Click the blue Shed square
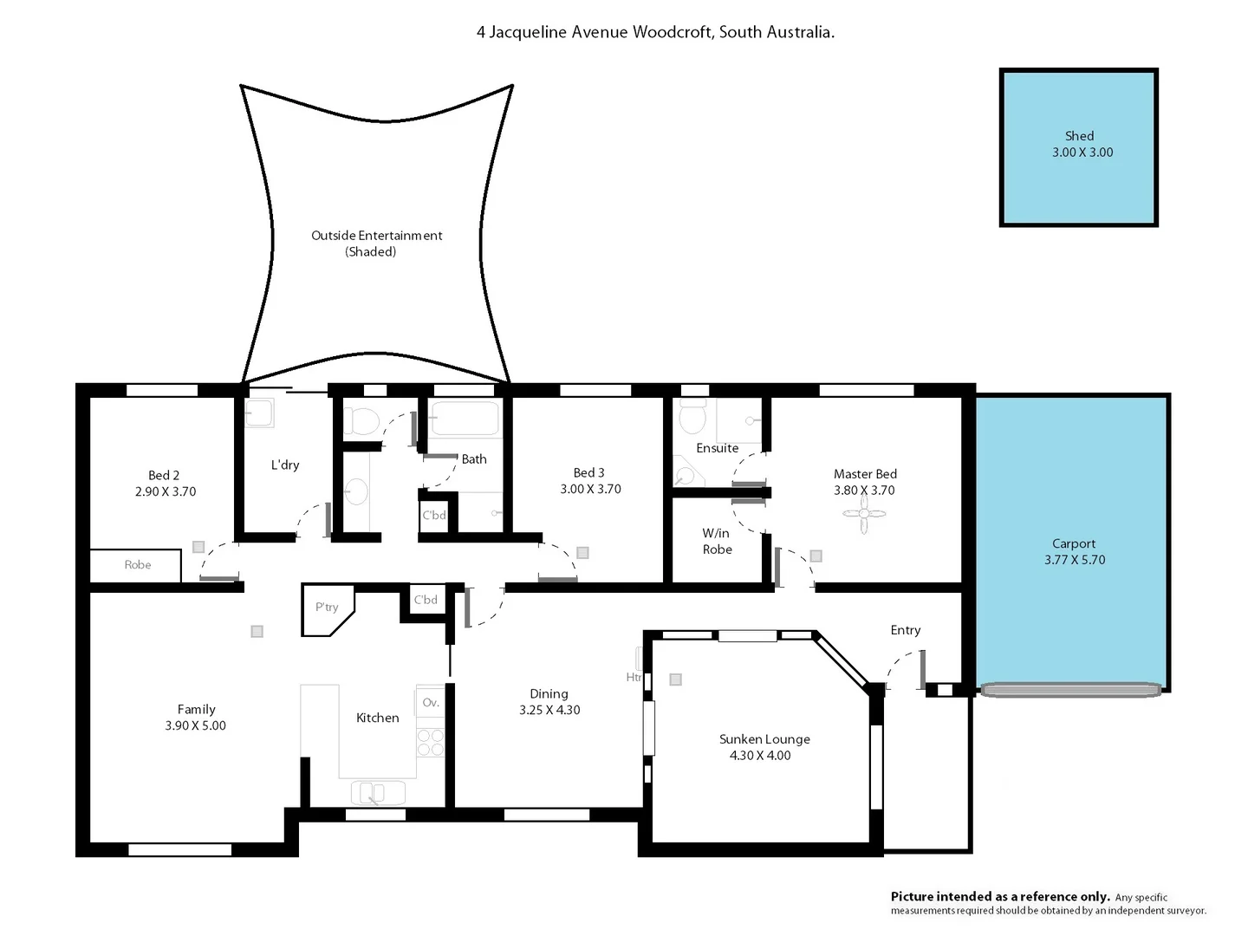click(x=1078, y=147)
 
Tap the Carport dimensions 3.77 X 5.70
click(x=1075, y=560)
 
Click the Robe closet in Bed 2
click(x=136, y=565)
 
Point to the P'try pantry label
click(x=327, y=608)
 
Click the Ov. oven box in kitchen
click(x=431, y=703)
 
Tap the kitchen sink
click(x=378, y=792)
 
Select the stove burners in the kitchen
click(x=431, y=742)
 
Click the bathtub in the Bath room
click(x=465, y=419)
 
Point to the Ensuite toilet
click(x=692, y=418)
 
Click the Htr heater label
click(x=634, y=677)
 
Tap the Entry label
click(x=905, y=630)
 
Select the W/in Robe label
click(x=717, y=542)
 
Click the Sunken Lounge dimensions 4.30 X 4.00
click(x=760, y=756)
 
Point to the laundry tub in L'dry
click(x=259, y=413)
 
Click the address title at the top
click(x=655, y=32)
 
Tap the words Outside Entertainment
click(x=376, y=236)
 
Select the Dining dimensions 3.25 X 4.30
click(x=549, y=710)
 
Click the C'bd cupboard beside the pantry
click(x=426, y=600)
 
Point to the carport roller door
click(x=1070, y=690)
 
